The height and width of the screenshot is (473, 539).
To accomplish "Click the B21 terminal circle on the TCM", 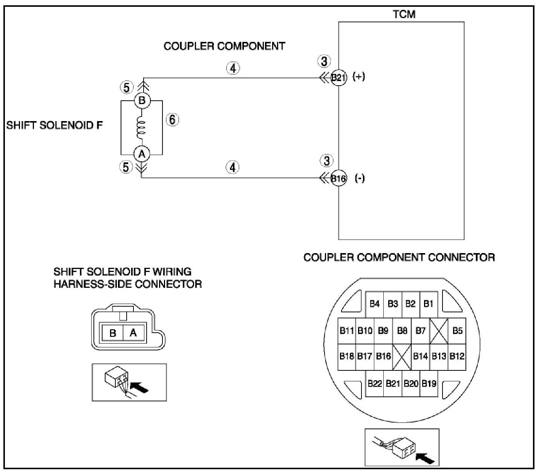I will [338, 78].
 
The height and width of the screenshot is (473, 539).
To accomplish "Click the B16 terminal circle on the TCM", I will [338, 178].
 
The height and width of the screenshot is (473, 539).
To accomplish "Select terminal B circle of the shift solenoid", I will [142, 101].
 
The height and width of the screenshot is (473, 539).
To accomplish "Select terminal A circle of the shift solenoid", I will [142, 154].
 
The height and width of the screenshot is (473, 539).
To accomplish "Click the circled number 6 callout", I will [172, 120].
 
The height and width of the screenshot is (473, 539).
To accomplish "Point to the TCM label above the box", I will [404, 14].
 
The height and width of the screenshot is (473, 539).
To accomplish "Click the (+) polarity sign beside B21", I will [358, 77].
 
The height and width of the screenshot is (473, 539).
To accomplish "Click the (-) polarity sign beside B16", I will [360, 178].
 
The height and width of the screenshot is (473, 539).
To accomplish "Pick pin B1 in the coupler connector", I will [429, 304].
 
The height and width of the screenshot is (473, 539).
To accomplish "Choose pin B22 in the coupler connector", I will [375, 384].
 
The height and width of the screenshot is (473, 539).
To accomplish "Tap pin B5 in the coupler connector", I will [457, 331].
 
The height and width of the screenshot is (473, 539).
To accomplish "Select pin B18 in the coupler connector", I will [346, 356].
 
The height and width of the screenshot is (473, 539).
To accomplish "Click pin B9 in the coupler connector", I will [383, 331].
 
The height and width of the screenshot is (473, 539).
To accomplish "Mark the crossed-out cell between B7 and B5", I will [439, 331].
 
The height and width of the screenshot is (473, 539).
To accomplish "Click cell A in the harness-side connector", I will [133, 333].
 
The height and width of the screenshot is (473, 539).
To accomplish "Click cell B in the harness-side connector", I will [113, 333].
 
